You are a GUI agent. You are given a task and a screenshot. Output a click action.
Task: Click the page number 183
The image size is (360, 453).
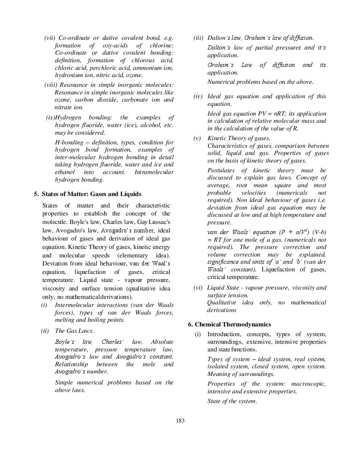(x=180, y=420)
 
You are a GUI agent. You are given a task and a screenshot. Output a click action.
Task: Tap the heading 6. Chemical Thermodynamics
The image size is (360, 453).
(x=230, y=324)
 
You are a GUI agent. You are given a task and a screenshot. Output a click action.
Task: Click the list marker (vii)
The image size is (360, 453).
(x=50, y=38)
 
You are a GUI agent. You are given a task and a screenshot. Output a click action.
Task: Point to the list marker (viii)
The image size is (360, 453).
(x=51, y=85)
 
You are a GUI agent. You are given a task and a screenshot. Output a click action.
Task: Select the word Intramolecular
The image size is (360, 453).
(x=154, y=172)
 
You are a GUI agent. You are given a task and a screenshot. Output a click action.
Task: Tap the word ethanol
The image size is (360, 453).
(x=66, y=172)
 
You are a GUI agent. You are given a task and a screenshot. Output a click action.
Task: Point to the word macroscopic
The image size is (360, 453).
(x=308, y=384)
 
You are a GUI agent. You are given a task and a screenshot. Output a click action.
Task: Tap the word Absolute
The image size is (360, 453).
(x=162, y=342)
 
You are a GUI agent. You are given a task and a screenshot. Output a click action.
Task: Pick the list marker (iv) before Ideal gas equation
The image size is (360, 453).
(x=198, y=97)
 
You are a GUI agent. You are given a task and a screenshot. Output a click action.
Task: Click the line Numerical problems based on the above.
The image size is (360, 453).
(x=260, y=82)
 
